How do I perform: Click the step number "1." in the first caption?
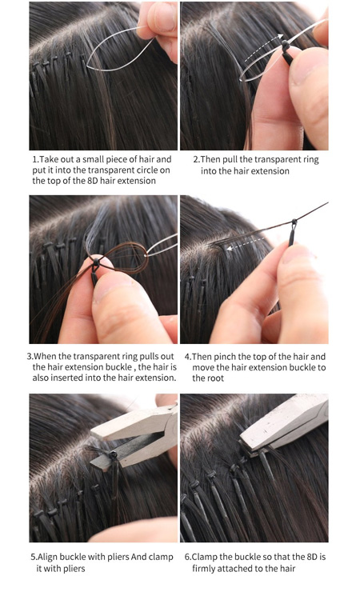[35, 159]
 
